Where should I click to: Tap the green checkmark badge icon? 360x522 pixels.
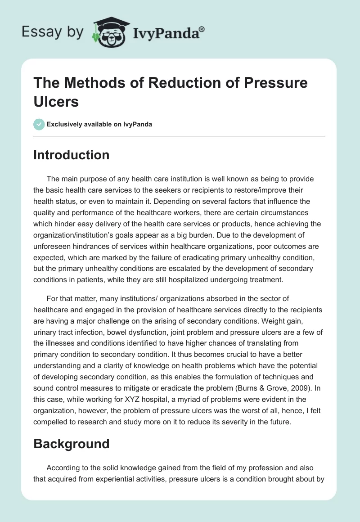39,124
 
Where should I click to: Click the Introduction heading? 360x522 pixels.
72,155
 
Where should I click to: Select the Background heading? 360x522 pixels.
72,443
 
